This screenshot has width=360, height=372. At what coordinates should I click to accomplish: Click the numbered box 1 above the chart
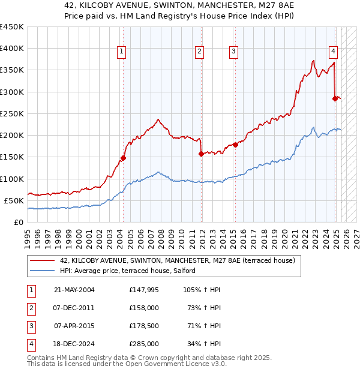[x=122, y=52]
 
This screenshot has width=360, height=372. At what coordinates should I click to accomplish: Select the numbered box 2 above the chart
[x=199, y=52]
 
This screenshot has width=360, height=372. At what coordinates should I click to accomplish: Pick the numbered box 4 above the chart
[x=332, y=52]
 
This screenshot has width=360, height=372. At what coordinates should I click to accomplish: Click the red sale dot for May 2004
[x=123, y=158]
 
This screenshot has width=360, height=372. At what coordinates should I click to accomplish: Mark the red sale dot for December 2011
[x=201, y=154]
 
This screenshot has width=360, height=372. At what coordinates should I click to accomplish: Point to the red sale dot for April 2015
[x=235, y=145]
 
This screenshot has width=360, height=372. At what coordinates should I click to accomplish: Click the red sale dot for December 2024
[x=335, y=98]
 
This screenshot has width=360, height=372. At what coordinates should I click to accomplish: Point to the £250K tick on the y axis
[x=12, y=113]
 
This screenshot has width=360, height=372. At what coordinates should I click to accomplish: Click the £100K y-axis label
[x=12, y=179]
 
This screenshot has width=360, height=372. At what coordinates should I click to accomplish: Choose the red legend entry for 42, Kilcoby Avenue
[x=177, y=261]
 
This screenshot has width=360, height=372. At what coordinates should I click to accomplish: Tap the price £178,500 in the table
[x=143, y=327]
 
